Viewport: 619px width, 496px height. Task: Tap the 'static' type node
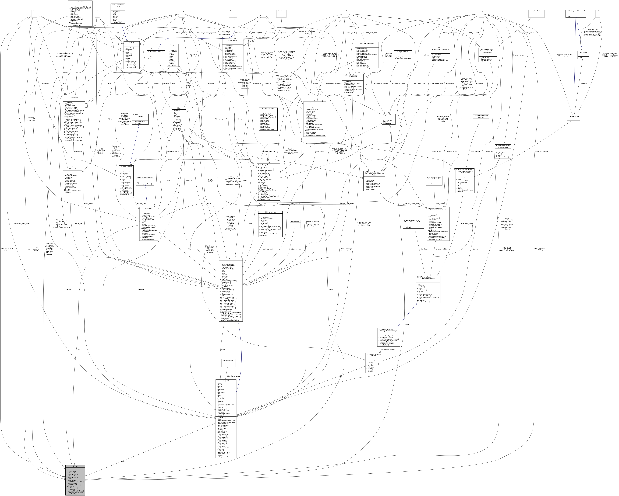[34, 11]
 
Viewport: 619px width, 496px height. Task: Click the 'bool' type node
[263, 11]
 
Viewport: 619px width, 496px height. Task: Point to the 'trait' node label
[597, 11]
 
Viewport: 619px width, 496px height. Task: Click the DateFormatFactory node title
[228, 360]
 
